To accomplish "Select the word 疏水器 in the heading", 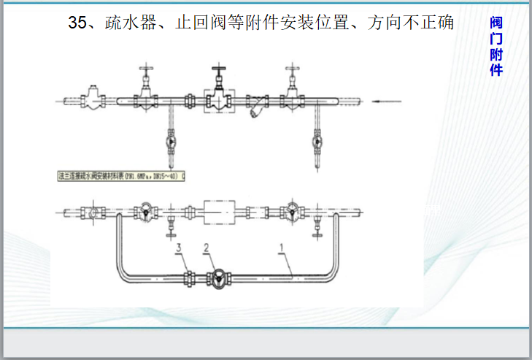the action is (x=129, y=23).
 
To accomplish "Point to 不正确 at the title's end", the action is (x=430, y=23).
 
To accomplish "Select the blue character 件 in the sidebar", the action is (x=496, y=70).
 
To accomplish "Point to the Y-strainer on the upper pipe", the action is (x=256, y=108).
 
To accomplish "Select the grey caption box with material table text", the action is (x=120, y=175).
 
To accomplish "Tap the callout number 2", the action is (x=207, y=248).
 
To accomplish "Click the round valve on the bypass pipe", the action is (x=217, y=278).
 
